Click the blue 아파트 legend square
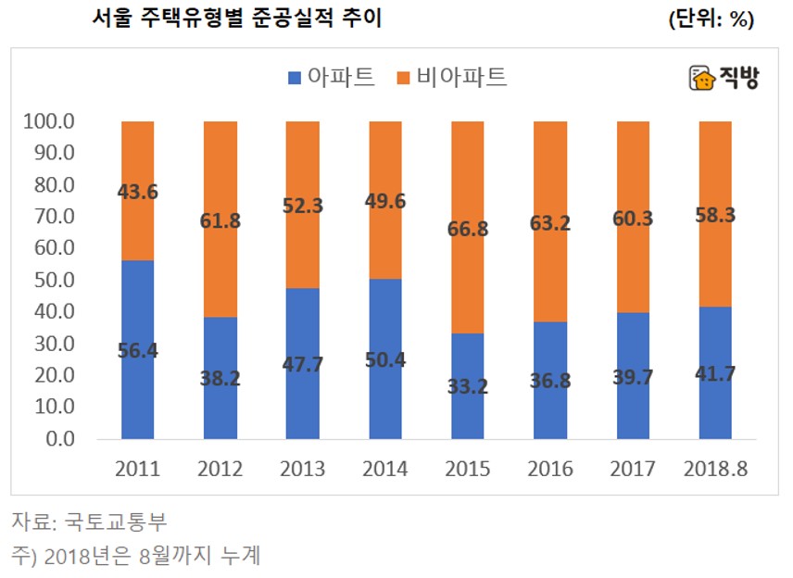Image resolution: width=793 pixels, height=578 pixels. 296,77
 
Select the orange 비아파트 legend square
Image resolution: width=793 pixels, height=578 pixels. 404,77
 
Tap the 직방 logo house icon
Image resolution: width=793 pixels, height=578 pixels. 702,79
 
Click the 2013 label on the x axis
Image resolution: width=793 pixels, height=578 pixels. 303,470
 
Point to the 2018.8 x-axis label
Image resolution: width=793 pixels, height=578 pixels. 715,470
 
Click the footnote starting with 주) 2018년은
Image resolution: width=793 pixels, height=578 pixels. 135,556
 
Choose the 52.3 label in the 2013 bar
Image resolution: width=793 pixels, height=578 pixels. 303,207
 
